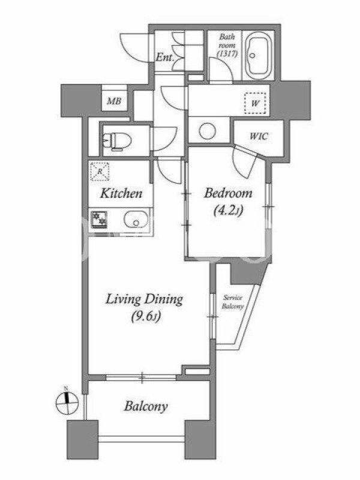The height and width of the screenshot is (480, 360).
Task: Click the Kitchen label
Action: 121,193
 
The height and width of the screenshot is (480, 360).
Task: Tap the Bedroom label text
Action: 228,193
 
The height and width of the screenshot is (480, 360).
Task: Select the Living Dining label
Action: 144,299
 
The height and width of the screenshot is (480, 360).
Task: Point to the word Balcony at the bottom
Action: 146,407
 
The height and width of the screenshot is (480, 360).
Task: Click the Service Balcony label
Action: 233,302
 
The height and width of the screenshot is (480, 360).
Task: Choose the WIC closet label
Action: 259,136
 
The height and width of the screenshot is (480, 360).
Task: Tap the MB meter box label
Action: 114,101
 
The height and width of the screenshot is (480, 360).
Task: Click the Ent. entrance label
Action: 165,57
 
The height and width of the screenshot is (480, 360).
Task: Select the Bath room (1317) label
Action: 227,45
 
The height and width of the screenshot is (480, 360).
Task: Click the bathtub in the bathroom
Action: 259,55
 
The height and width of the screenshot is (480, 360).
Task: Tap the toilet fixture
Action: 117,141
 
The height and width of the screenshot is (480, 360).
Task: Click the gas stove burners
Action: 98,220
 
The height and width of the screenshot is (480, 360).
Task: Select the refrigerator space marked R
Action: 100,172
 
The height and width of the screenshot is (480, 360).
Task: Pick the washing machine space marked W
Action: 254,103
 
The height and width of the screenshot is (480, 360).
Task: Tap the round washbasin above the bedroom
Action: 207,131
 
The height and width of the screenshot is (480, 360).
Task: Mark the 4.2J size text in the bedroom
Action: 228,211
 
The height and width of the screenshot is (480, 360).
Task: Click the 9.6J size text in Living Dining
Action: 146,316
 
